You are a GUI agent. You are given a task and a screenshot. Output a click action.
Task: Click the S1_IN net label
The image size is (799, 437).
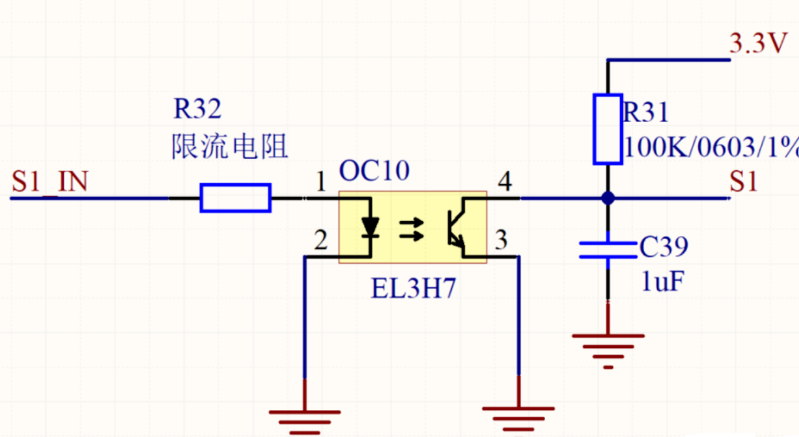point(50,182)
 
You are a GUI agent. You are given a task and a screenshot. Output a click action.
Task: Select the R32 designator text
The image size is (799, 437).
point(197,109)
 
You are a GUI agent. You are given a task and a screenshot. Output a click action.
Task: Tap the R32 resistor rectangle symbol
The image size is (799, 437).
point(236,198)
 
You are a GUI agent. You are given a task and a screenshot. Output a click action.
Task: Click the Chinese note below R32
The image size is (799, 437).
point(230,146)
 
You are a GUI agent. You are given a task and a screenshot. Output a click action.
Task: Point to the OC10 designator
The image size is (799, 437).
point(374,170)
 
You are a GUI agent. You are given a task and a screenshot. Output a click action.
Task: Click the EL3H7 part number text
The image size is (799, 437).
point(414,288)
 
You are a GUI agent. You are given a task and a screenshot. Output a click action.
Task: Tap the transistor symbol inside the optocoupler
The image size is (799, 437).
point(457,227)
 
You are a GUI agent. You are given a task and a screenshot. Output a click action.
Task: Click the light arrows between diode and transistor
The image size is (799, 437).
point(411,230)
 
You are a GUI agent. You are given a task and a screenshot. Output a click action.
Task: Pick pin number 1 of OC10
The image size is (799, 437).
point(320,181)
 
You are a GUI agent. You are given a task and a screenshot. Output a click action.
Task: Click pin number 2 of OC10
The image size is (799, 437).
point(320,240)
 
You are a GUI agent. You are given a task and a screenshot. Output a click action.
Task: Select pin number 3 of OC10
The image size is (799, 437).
point(501,240)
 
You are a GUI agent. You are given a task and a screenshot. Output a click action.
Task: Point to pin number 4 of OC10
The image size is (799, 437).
point(505,181)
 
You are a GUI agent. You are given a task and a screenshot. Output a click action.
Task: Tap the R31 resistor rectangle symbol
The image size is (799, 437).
point(608,129)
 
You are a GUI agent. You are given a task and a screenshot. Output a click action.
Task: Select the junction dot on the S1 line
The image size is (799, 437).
point(608,198)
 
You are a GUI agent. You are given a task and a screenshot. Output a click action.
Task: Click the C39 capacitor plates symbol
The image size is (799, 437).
point(608,250)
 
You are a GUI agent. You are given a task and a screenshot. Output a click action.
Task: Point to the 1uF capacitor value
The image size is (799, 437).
point(663,281)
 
